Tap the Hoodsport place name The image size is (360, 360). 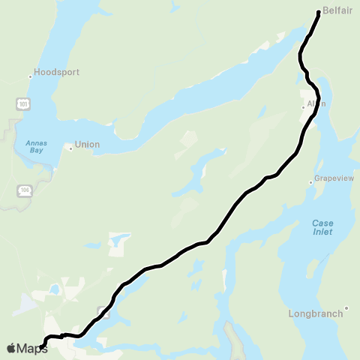click(x=57, y=73)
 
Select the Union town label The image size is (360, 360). click(x=88, y=146)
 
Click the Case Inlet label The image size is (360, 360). click(x=322, y=227)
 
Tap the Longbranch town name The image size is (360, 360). click(x=316, y=313)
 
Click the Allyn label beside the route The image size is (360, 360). click(x=316, y=104)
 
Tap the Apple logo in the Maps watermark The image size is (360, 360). click(x=10, y=348)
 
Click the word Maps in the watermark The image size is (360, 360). click(x=32, y=348)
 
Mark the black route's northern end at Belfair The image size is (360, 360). click(x=319, y=13)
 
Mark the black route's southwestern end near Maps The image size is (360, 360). click(x=41, y=346)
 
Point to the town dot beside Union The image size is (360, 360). click(x=70, y=148)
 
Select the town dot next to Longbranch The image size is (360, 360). click(x=346, y=308)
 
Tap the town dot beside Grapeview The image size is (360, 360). click(x=311, y=182)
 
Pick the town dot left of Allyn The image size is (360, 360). click(x=303, y=106)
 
